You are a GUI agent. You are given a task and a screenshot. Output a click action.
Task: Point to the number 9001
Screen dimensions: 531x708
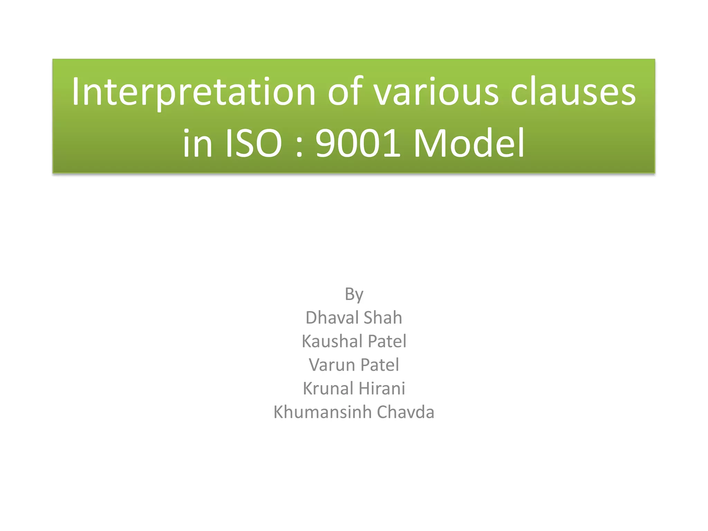[358, 143]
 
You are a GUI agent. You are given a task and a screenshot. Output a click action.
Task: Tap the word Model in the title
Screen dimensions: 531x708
[469, 143]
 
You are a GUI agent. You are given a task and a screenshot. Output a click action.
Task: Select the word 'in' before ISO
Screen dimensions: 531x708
[197, 143]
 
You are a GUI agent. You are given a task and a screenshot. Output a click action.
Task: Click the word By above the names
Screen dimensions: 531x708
[354, 295]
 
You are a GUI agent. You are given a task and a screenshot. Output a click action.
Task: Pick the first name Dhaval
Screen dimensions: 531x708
[332, 317]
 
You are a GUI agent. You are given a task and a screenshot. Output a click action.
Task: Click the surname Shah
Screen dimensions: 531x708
[383, 317]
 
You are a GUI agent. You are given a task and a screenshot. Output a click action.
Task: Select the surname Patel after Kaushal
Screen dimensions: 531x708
[387, 341]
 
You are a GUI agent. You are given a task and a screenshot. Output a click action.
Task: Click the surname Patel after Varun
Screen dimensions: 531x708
[380, 365]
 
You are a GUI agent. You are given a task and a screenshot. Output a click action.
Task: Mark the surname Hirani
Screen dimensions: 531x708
[383, 388]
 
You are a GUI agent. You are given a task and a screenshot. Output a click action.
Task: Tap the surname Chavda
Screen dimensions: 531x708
[406, 412]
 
